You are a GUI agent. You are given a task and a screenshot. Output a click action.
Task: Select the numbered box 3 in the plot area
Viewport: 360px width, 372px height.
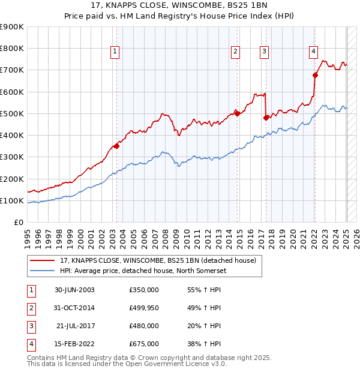click(x=264, y=52)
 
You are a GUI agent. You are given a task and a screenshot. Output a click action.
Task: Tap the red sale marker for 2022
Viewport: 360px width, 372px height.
click(x=315, y=75)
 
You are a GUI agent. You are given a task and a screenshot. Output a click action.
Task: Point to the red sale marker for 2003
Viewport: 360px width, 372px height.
click(x=117, y=146)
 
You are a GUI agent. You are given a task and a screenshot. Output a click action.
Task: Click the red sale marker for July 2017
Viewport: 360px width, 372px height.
click(x=266, y=118)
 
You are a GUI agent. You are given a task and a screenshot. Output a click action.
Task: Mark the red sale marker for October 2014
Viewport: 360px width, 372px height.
click(x=237, y=113)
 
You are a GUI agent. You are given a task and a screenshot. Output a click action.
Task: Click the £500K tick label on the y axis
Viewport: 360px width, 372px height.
click(x=12, y=113)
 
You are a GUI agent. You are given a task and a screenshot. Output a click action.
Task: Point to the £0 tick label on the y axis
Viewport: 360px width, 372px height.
click(x=18, y=222)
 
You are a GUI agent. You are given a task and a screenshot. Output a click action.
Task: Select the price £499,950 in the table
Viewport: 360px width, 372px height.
click(x=144, y=308)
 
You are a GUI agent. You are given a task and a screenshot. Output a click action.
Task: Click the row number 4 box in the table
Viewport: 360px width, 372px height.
click(x=30, y=344)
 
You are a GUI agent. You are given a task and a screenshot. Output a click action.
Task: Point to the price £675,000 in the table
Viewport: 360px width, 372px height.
click(x=144, y=344)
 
